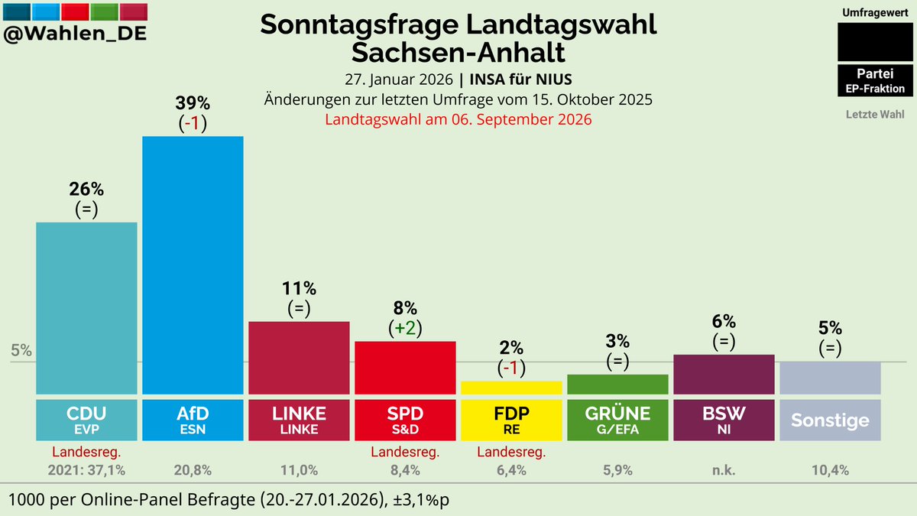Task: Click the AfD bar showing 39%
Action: click(x=193, y=264)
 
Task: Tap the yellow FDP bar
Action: click(x=511, y=387)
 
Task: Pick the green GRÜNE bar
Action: click(x=617, y=384)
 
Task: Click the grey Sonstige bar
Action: click(x=830, y=378)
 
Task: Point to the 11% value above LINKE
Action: click(x=300, y=289)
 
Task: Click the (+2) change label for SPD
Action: click(x=405, y=328)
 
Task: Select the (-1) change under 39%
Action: click(x=193, y=124)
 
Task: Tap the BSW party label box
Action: click(x=724, y=420)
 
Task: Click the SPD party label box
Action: click(x=405, y=420)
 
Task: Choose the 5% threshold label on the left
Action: click(x=21, y=351)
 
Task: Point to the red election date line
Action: click(x=458, y=119)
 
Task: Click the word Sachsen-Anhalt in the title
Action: click(x=458, y=53)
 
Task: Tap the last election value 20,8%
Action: click(x=193, y=470)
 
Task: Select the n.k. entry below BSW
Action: click(x=724, y=470)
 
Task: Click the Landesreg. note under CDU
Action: click(x=86, y=453)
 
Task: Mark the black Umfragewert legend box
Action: click(x=875, y=42)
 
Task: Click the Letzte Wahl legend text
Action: click(x=875, y=115)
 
